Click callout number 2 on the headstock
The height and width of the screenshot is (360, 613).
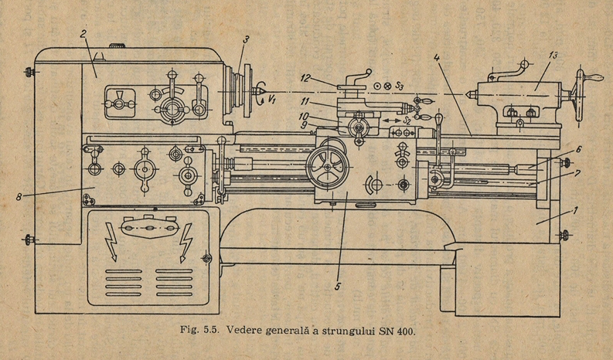[83, 33]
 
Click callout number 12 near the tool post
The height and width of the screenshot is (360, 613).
[306, 78]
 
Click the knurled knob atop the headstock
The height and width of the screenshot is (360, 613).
[116, 46]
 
